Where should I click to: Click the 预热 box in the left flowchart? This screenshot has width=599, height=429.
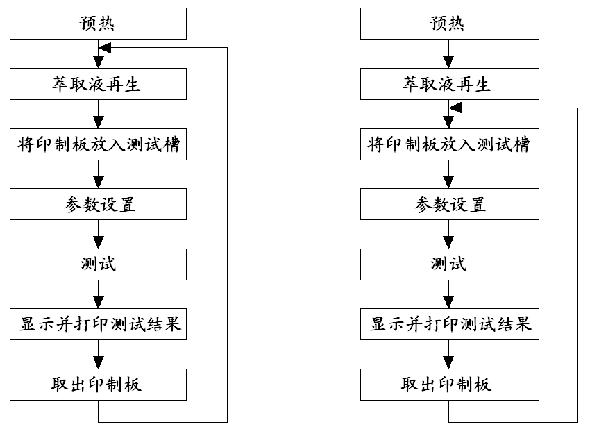[x=98, y=24]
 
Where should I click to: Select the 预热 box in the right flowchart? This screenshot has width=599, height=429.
[x=450, y=24]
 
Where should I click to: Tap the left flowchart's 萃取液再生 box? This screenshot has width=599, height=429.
[x=98, y=84]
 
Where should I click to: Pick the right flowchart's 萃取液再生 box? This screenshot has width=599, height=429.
[x=450, y=84]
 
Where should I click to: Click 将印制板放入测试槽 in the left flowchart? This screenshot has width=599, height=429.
[x=98, y=144]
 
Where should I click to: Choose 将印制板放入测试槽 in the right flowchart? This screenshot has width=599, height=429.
[x=450, y=144]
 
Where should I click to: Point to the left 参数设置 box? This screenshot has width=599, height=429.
[x=98, y=204]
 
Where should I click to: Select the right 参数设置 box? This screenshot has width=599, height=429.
[x=450, y=204]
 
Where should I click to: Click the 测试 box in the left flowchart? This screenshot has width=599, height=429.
[x=98, y=264]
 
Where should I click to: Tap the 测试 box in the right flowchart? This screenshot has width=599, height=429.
[x=450, y=264]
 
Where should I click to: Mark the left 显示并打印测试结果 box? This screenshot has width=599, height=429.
[x=98, y=324]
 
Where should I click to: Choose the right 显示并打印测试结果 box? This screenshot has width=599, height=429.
[x=450, y=324]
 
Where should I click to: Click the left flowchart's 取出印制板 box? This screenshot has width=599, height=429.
[x=98, y=385]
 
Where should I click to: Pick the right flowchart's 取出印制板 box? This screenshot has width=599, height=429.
[x=450, y=385]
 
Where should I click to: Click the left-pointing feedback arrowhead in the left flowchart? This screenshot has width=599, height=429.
[x=105, y=48]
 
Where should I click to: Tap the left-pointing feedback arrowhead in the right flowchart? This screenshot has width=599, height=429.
[x=455, y=108]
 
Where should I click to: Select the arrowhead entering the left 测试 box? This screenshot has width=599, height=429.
[x=99, y=242]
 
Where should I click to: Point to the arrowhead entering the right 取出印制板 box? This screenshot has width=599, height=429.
[x=448, y=362]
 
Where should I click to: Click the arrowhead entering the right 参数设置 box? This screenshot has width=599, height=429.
[x=448, y=182]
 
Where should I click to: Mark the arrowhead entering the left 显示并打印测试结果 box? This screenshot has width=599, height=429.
[x=99, y=302]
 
